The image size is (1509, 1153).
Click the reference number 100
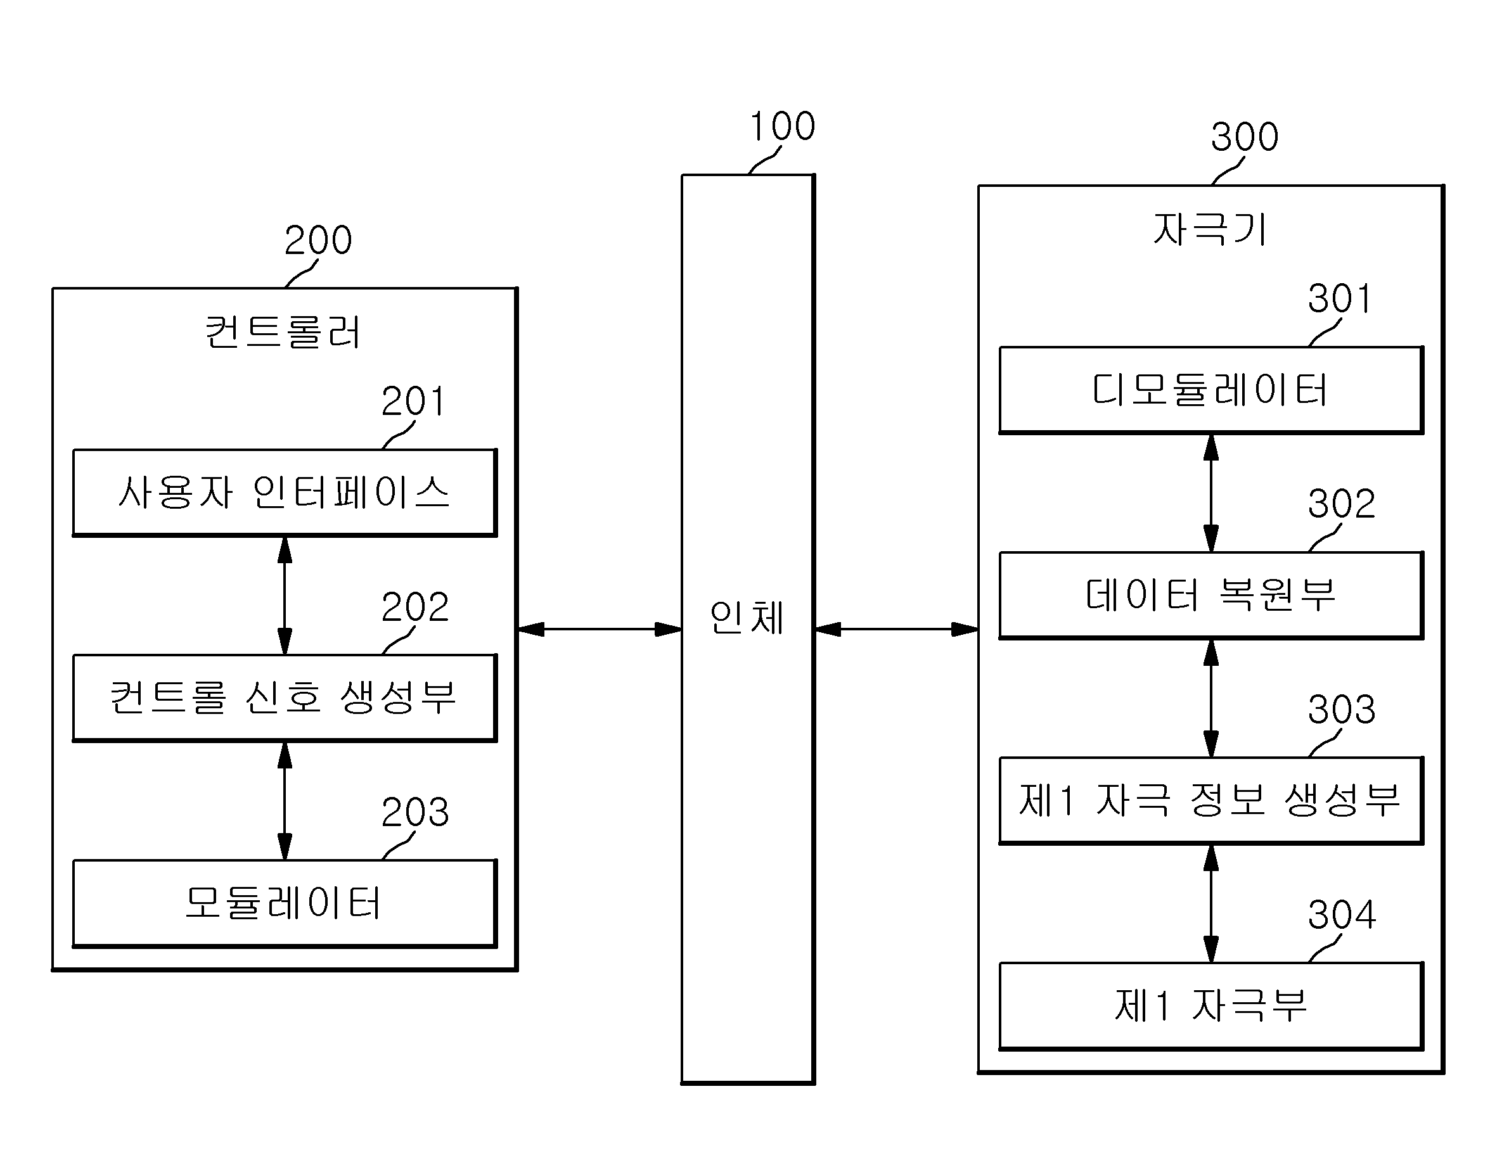783,126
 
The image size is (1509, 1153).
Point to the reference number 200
318,240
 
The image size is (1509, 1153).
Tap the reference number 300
1245,137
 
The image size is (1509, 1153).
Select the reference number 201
413,402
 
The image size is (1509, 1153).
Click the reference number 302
1342,504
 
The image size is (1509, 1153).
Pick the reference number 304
1342,915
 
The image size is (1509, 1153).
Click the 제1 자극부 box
1211,1006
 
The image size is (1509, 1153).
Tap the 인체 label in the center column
747,617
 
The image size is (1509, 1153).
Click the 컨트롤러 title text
283,332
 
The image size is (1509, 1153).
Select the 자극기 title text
1210,229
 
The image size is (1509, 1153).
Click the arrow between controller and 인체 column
600,628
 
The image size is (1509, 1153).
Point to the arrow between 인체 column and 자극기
897,628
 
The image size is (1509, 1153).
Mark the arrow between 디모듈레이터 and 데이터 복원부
1211,493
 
